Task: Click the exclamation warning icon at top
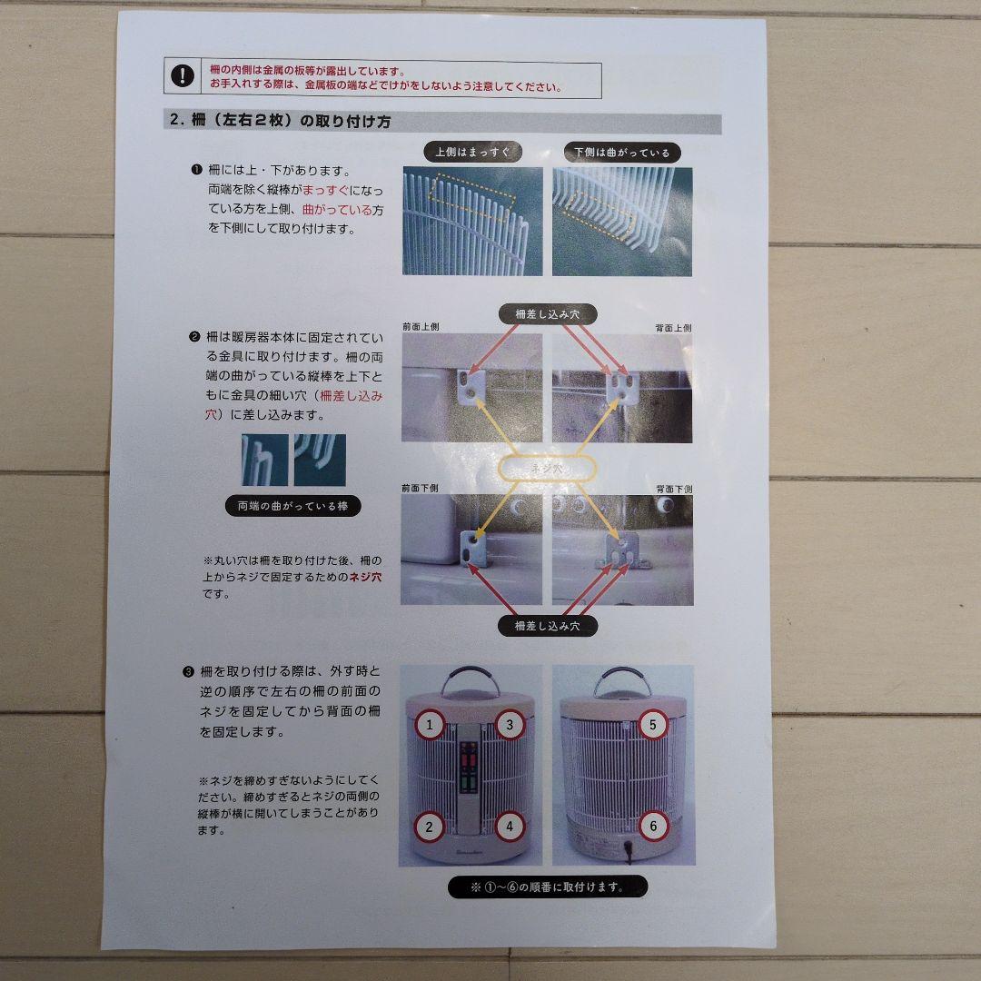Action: click(185, 75)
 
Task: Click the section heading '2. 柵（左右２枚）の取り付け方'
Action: click(281, 122)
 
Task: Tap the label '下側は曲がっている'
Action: click(621, 152)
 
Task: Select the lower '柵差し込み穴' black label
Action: click(548, 626)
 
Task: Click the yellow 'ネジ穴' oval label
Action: click(548, 469)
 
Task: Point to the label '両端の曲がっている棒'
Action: click(292, 506)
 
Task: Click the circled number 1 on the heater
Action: click(431, 724)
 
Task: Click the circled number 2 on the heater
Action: click(431, 826)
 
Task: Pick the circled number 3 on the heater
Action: click(510, 724)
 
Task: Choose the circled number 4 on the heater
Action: click(510, 826)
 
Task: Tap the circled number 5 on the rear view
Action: click(651, 724)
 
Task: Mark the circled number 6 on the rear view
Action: click(651, 826)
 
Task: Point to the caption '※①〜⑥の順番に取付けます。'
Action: click(548, 887)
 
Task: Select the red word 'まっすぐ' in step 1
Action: click(328, 190)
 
